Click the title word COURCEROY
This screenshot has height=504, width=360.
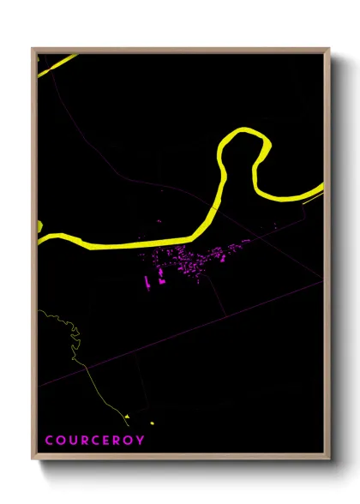(94, 441)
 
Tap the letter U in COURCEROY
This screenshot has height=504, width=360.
(73, 441)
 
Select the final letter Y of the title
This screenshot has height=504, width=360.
(141, 441)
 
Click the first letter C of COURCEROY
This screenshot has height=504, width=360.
(49, 441)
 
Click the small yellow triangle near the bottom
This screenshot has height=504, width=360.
(127, 417)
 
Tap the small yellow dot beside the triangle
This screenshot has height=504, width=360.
(152, 423)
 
